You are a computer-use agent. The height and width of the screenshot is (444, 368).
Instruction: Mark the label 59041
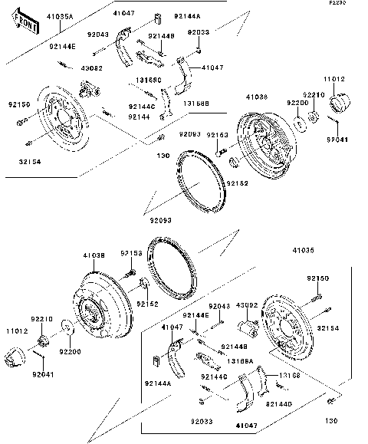point(337,140)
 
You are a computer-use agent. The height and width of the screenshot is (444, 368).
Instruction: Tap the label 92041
point(44,375)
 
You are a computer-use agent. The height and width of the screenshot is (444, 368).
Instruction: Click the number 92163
point(218,135)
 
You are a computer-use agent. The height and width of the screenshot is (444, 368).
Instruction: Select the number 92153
point(131,252)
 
